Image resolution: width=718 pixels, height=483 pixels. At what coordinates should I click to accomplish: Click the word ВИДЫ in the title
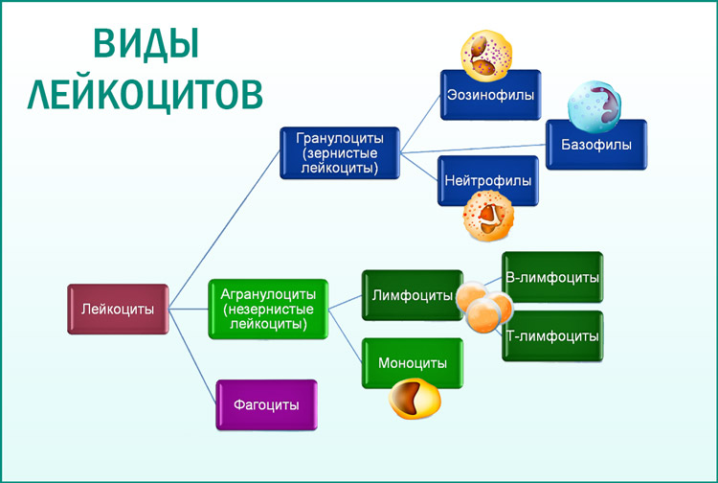coord(145,44)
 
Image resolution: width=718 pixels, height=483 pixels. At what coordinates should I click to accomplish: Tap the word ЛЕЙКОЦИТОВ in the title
coord(145,94)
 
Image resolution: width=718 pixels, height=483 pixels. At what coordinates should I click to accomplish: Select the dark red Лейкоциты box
coord(119,310)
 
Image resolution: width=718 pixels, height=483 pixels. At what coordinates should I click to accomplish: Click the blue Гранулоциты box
coord(339,153)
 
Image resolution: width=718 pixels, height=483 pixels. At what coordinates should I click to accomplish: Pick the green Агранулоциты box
coord(269,310)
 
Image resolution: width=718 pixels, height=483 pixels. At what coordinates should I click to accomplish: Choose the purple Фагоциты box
coord(265,404)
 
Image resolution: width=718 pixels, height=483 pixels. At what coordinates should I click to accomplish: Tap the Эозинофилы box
coord(490,95)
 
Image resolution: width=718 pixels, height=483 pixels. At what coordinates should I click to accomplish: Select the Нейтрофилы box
coord(487,181)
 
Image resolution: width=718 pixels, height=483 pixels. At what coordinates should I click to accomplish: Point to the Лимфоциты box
coord(412,296)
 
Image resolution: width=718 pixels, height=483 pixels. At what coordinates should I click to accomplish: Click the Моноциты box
coord(412,363)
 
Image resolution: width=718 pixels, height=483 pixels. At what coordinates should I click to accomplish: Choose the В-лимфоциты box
coord(552,277)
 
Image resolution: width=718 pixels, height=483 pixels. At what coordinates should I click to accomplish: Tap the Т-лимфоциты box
coord(552,336)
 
